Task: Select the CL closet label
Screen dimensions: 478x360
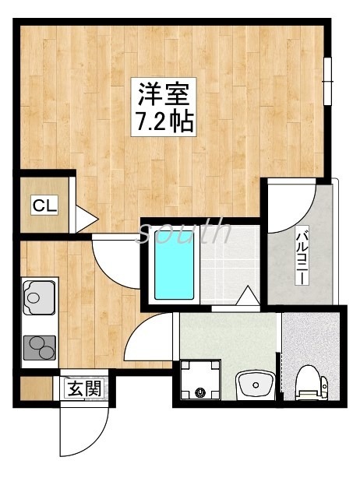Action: pyautogui.click(x=44, y=206)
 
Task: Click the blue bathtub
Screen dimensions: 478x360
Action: pyautogui.click(x=172, y=269)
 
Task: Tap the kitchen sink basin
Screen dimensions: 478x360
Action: pyautogui.click(x=36, y=296)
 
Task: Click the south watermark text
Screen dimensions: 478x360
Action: pyautogui.click(x=185, y=230)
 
